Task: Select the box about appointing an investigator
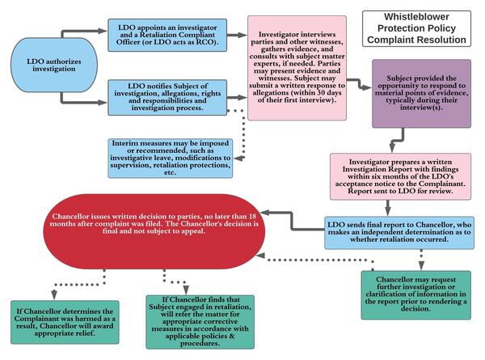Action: click(x=171, y=34)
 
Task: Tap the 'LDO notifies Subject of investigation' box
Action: click(x=171, y=95)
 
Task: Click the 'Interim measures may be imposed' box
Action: click(x=171, y=157)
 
